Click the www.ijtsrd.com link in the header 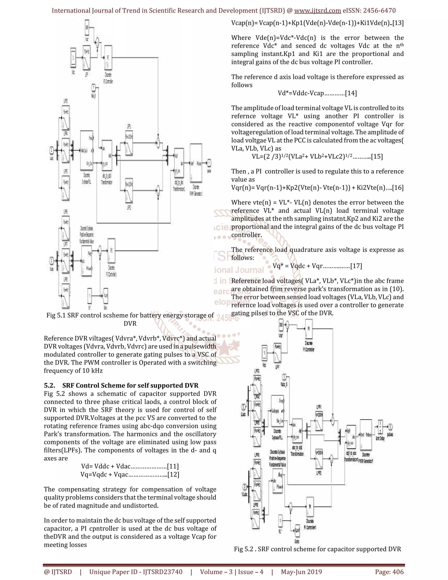pos(317,11)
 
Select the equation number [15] pos(377,156)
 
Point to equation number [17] pos(356,266)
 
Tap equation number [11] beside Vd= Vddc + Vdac pos(173,466)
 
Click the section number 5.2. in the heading pos(49,385)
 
